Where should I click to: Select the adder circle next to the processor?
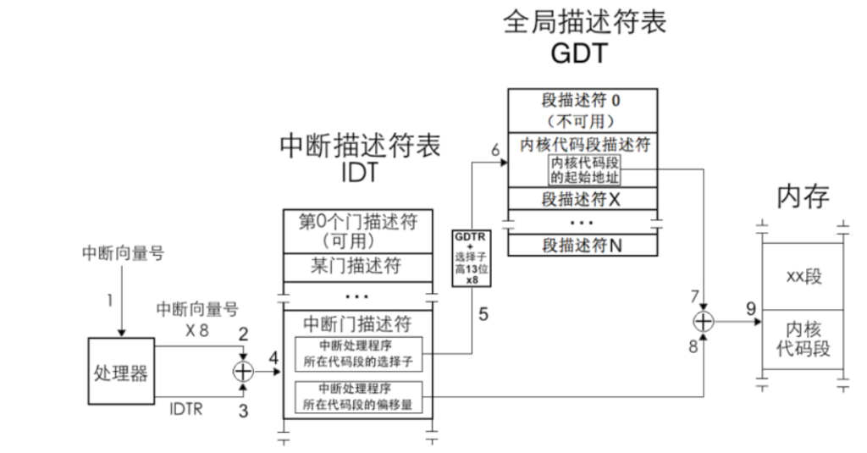click(243, 370)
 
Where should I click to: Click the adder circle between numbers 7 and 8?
click(702, 323)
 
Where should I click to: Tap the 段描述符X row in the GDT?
click(583, 200)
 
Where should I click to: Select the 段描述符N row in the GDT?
click(583, 246)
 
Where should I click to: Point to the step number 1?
click(109, 298)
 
